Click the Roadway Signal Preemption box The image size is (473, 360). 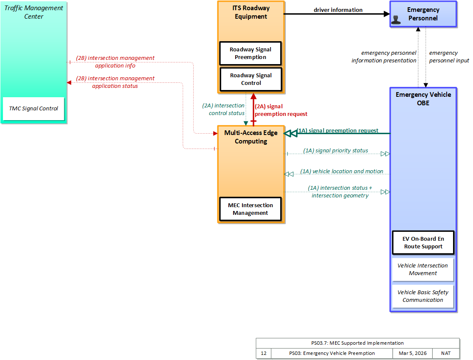tap(251, 53)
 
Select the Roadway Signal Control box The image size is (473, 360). tap(251, 79)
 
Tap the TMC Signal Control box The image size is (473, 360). tap(34, 109)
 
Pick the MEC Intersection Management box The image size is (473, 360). tap(251, 209)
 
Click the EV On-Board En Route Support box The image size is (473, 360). tap(423, 243)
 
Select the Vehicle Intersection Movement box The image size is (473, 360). tap(423, 269)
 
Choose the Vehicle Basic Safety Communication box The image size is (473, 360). tap(423, 296)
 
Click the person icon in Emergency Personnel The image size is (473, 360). tap(396, 20)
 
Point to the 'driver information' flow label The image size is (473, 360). tap(338, 10)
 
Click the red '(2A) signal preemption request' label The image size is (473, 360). tap(281, 110)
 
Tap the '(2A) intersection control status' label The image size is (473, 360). tap(223, 109)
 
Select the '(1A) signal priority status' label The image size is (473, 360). tap(335, 150)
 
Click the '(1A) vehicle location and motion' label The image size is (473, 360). tap(341, 171)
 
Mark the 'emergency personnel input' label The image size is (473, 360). tap(449, 57)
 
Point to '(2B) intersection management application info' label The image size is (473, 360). tap(115, 62)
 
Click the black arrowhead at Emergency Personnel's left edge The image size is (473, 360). tap(387, 14)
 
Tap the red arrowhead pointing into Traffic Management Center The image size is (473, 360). tap(69, 83)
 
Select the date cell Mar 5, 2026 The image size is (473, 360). tap(413, 353)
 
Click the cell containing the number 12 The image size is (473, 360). tap(264, 353)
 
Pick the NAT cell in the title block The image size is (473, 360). tap(446, 353)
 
